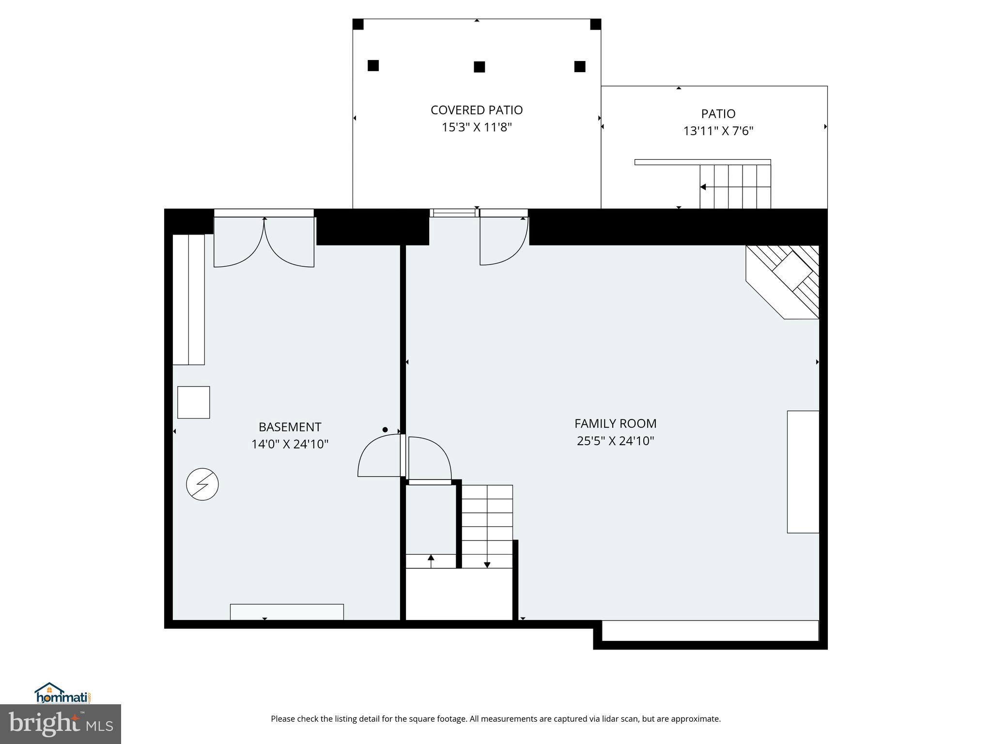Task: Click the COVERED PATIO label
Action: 477,110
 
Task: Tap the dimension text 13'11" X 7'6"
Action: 718,131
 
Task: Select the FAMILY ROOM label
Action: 615,423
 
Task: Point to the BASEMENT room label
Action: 290,427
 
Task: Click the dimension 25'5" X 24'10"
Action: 615,441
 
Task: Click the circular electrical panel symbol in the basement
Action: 202,484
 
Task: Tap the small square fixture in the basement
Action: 193,402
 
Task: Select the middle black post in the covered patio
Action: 479,67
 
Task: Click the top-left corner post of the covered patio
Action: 358,24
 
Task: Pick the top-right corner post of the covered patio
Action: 595,24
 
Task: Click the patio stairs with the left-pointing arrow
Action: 735,187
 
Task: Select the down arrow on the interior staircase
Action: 487,564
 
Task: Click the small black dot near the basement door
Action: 385,430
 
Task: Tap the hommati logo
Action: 62,693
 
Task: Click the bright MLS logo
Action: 61,724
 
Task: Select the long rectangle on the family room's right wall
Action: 803,472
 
